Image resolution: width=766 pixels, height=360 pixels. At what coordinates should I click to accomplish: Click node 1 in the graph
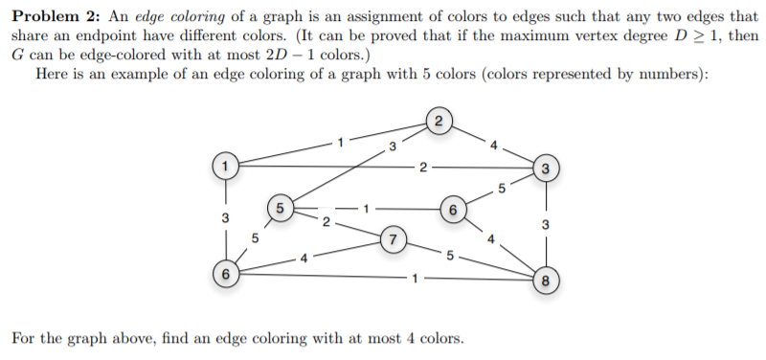pyautogui.click(x=225, y=166)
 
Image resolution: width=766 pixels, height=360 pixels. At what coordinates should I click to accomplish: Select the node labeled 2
pyautogui.click(x=439, y=122)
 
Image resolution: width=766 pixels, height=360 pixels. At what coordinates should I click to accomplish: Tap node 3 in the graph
pyautogui.click(x=546, y=169)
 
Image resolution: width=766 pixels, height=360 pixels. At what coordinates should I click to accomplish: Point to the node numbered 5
pyautogui.click(x=280, y=209)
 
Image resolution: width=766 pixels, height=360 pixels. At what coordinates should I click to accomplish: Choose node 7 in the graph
pyautogui.click(x=393, y=239)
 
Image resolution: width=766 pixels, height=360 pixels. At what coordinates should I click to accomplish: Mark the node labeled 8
pyautogui.click(x=546, y=281)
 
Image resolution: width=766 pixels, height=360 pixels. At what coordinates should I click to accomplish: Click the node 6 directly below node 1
pyautogui.click(x=225, y=274)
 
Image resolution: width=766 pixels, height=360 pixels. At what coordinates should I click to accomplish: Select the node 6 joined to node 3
pyautogui.click(x=453, y=210)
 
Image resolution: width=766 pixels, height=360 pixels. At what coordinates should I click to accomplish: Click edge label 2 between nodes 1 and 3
pyautogui.click(x=423, y=169)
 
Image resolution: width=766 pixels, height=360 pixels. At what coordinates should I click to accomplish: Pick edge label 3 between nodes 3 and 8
pyautogui.click(x=546, y=225)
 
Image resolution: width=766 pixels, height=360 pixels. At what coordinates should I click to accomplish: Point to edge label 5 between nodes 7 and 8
pyautogui.click(x=450, y=254)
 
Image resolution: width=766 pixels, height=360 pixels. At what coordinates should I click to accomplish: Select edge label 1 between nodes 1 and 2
pyautogui.click(x=341, y=143)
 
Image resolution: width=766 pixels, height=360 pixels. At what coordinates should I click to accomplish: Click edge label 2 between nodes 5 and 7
pyautogui.click(x=327, y=223)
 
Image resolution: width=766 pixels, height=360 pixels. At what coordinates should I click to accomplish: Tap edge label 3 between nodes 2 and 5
pyautogui.click(x=393, y=146)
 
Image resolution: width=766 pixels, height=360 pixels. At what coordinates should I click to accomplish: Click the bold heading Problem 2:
pyautogui.click(x=56, y=16)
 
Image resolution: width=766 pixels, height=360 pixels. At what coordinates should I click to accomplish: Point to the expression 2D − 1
pyautogui.click(x=289, y=55)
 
